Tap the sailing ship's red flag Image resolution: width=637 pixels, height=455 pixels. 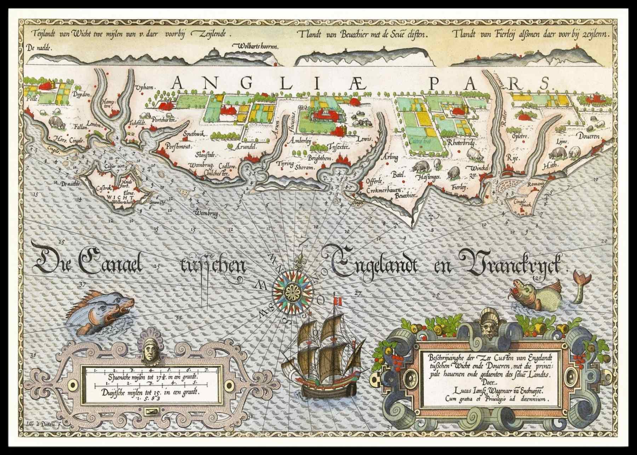click(x=339, y=301)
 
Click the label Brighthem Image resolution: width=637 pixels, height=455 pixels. click(x=319, y=159)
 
